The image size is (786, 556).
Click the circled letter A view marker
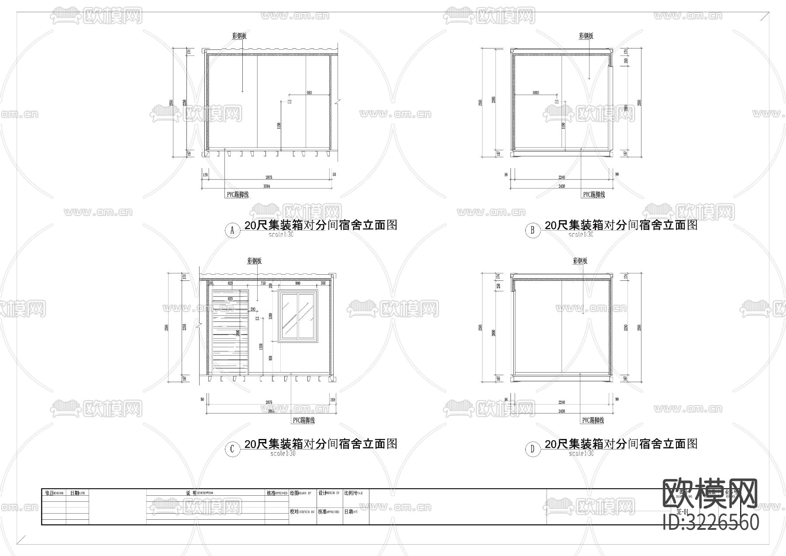232,231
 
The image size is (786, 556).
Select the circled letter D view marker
532,449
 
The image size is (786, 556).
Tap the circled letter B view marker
532,231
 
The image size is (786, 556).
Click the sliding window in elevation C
298,315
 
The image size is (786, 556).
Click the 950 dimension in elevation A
309,93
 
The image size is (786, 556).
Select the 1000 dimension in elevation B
536,93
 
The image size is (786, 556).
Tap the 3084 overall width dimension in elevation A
267,186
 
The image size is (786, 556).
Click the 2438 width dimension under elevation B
562,186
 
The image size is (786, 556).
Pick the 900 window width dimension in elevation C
297,283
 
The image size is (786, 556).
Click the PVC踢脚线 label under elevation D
593,421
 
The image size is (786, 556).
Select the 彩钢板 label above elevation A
239,36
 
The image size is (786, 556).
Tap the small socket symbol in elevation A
289,102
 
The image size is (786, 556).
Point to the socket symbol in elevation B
557,102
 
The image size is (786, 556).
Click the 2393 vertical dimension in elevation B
493,100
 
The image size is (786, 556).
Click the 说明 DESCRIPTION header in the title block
199,493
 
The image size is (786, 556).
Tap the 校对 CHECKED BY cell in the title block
302,511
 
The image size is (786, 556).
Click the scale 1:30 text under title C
283,453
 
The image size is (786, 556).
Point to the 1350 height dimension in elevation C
261,347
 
